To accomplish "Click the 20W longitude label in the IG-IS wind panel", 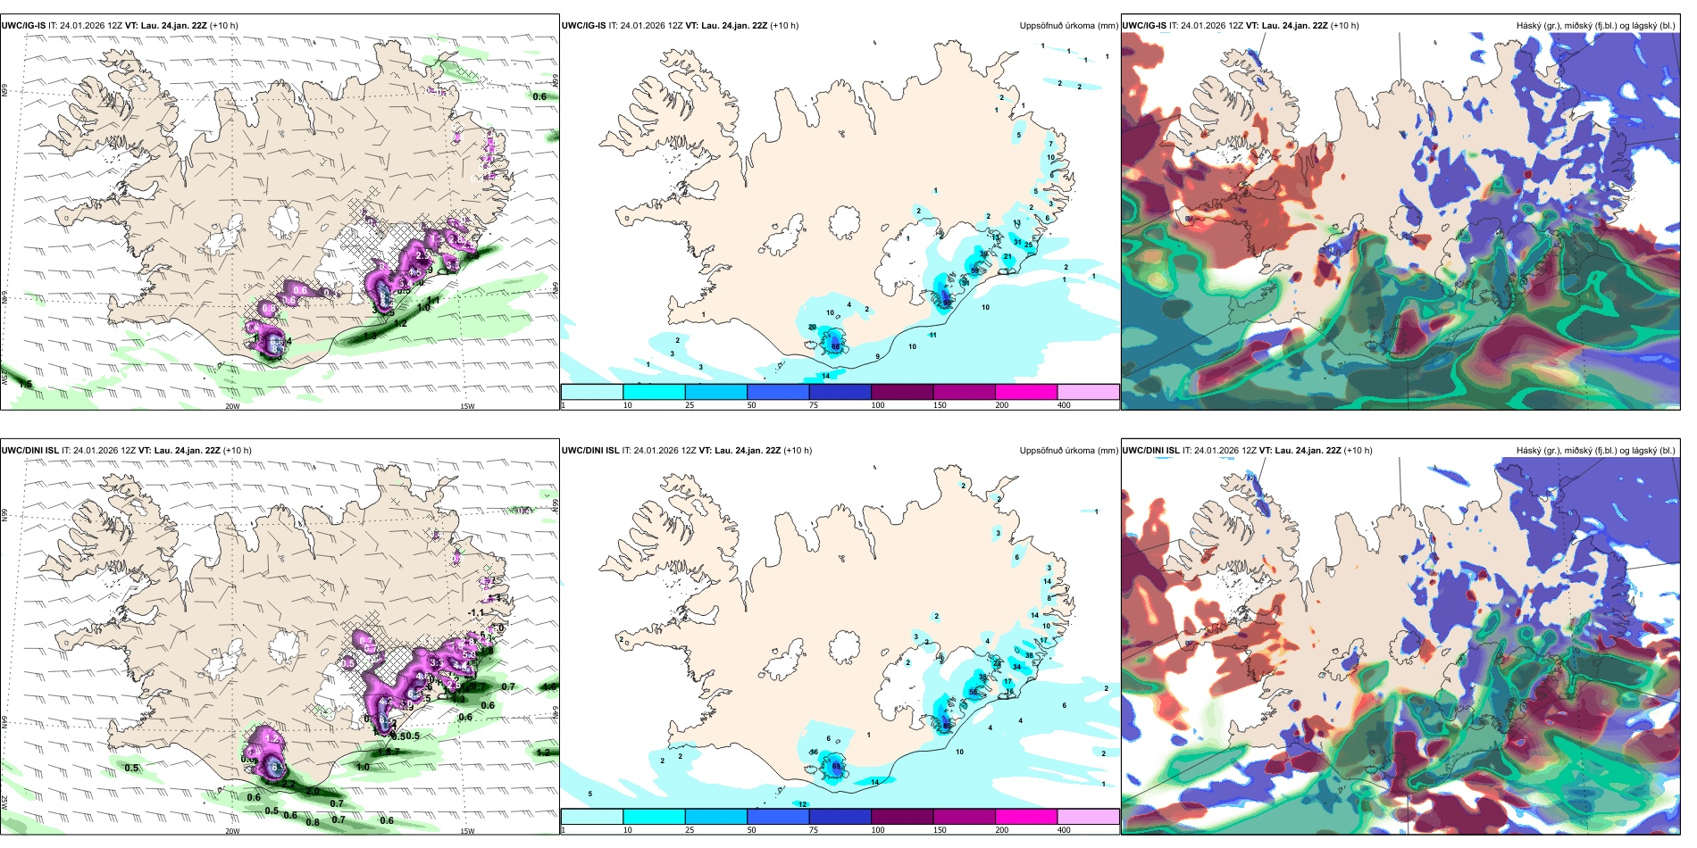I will (232, 406).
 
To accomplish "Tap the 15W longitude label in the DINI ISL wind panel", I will (467, 831).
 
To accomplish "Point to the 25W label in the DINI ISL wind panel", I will (4, 802).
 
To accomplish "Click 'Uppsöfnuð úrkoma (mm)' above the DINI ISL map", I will (1068, 451).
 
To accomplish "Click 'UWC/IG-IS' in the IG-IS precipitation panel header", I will (583, 26).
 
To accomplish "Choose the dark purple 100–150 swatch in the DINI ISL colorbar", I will (902, 817).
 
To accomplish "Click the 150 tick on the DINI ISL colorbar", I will (940, 830).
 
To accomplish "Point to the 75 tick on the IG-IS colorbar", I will (814, 405).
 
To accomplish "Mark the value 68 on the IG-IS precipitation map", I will (835, 346).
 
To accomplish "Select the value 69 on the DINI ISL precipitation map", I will (836, 767).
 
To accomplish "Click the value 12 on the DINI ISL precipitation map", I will (802, 804).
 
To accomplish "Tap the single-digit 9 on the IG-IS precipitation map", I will (878, 357).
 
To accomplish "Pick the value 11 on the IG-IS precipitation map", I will (932, 336).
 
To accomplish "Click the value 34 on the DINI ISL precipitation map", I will (1016, 667).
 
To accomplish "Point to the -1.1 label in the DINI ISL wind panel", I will (476, 613).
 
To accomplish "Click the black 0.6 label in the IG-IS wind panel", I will (539, 96).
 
